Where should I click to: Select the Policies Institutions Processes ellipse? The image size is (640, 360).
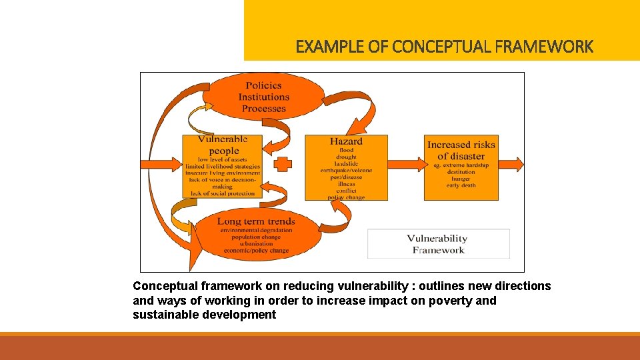(263, 97)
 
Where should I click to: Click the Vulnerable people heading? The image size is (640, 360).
(223, 145)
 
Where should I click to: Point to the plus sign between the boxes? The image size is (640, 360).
(283, 164)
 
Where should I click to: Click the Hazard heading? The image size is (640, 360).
(346, 141)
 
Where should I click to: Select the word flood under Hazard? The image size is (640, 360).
(346, 150)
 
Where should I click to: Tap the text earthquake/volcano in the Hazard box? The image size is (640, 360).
(346, 171)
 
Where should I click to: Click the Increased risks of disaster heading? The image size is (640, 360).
(461, 150)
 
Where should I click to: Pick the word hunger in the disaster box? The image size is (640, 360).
(461, 179)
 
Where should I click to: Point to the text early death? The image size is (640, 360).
(461, 185)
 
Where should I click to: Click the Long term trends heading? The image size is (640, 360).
(256, 221)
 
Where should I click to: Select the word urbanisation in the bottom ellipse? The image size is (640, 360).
(256, 244)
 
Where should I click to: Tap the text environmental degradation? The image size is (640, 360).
(256, 230)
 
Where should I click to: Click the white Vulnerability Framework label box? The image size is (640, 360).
(438, 244)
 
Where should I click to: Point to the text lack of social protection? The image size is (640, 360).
(223, 194)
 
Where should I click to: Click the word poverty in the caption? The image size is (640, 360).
(451, 301)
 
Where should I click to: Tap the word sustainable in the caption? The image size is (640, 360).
(160, 315)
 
